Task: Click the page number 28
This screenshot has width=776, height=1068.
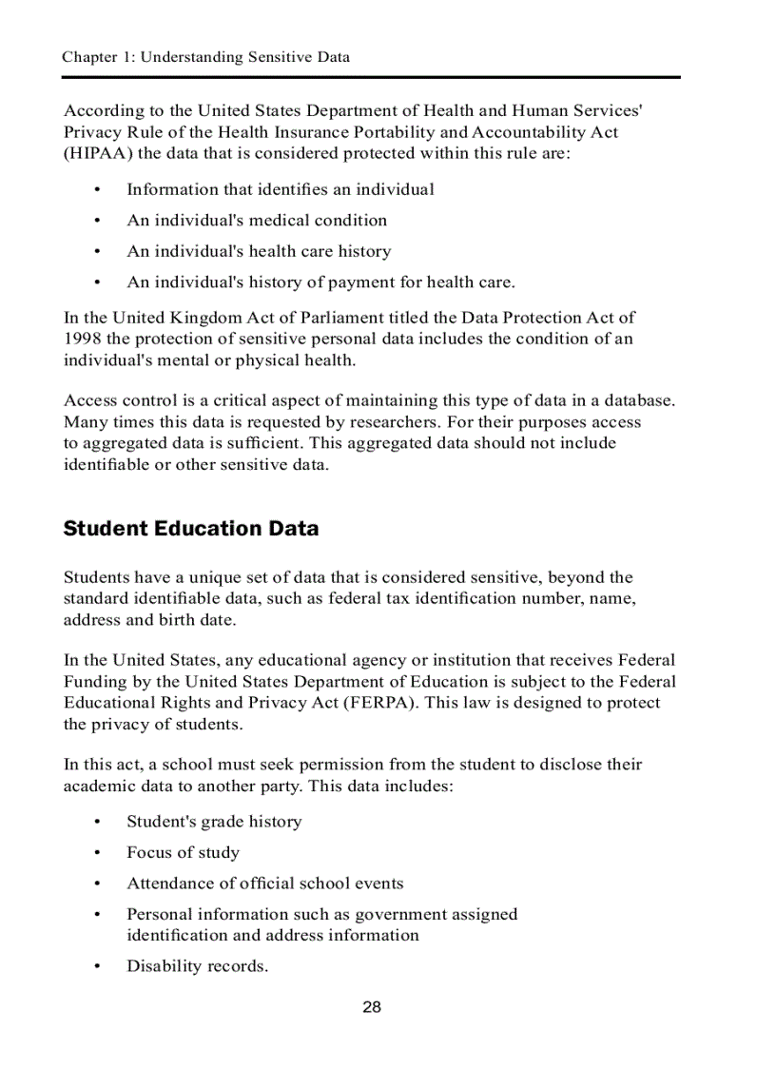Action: pyautogui.click(x=372, y=1007)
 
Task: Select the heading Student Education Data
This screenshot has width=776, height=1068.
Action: pyautogui.click(x=191, y=529)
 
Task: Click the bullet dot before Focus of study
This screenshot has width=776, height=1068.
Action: pyautogui.click(x=98, y=853)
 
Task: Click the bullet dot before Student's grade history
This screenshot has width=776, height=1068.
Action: pyautogui.click(x=98, y=822)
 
